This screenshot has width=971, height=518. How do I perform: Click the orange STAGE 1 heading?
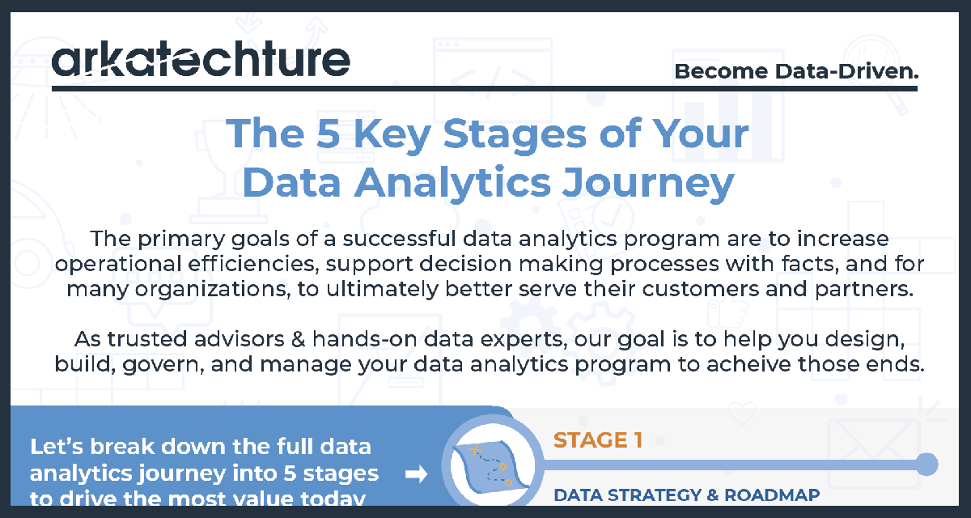click(x=598, y=441)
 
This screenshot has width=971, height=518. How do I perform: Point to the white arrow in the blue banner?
click(x=416, y=475)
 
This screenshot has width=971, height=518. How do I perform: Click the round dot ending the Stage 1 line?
click(x=926, y=465)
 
